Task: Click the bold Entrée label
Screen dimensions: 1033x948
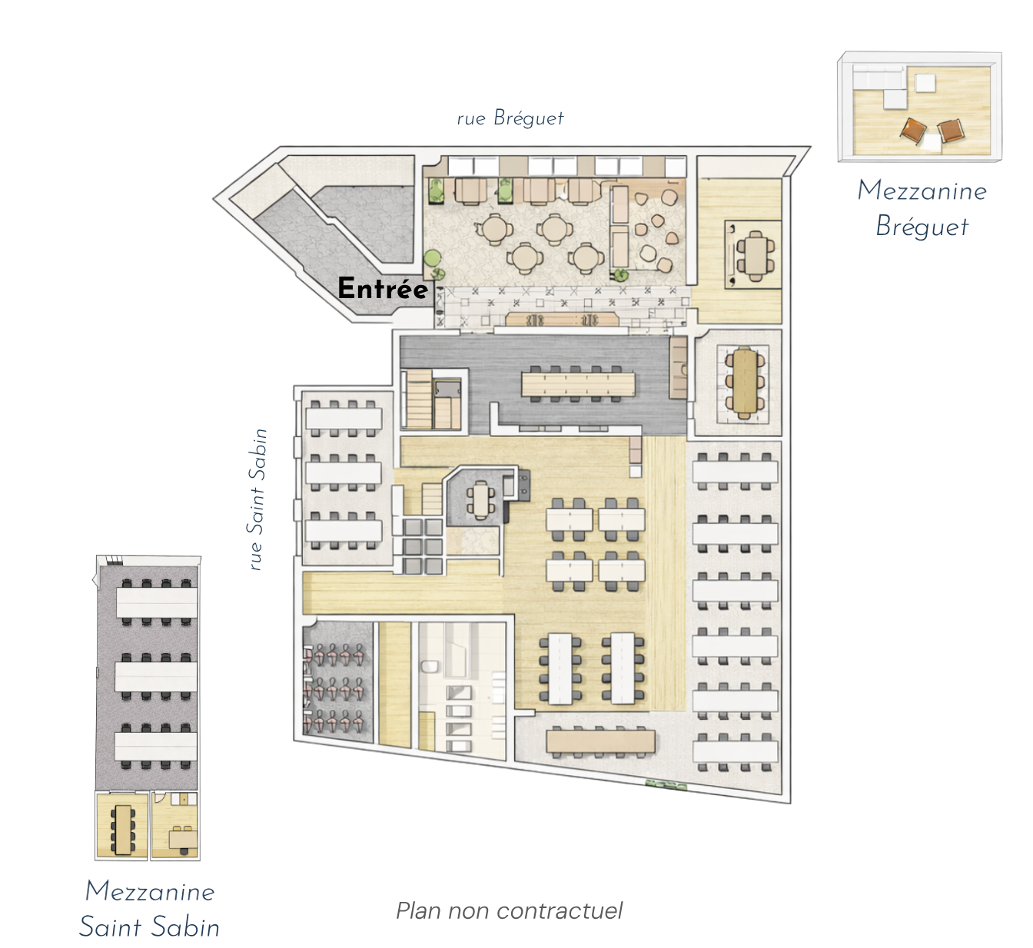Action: (x=383, y=288)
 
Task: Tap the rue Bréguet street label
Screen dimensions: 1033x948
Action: (x=510, y=118)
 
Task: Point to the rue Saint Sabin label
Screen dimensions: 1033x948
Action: (x=257, y=499)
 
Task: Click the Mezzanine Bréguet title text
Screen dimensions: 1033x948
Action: (x=922, y=208)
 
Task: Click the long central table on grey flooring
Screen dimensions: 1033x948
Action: (x=578, y=384)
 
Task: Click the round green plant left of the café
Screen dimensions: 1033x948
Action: (x=433, y=257)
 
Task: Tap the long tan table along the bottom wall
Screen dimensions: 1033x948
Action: (x=600, y=741)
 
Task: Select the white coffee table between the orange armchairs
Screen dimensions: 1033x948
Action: (x=931, y=142)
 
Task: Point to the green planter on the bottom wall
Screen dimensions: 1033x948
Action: (x=667, y=785)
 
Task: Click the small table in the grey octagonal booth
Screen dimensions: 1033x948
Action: (x=481, y=499)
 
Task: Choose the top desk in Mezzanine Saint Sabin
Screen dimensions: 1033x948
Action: (x=157, y=602)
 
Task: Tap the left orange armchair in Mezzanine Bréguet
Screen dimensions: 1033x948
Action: (x=914, y=131)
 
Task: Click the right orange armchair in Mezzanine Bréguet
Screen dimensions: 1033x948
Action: (x=951, y=131)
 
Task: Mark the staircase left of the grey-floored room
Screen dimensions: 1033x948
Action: (x=418, y=399)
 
